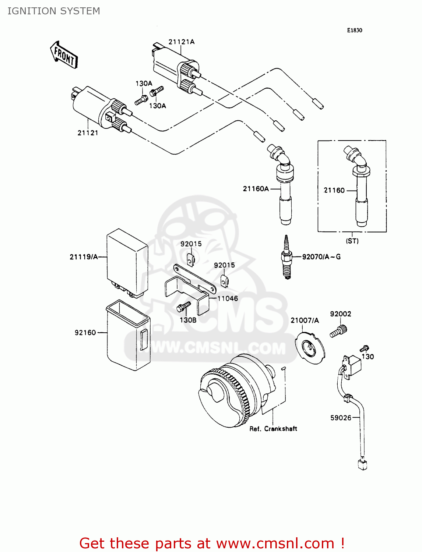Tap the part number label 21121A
[181, 42]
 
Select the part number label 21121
[88, 133]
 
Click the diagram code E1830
[354, 31]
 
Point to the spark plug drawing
[287, 257]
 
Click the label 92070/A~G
[321, 257]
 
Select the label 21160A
[256, 189]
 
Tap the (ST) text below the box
[352, 241]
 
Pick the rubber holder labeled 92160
[128, 335]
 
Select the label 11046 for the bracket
[228, 298]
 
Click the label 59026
[341, 418]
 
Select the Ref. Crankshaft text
[273, 429]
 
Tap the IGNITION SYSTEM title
[54, 11]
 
